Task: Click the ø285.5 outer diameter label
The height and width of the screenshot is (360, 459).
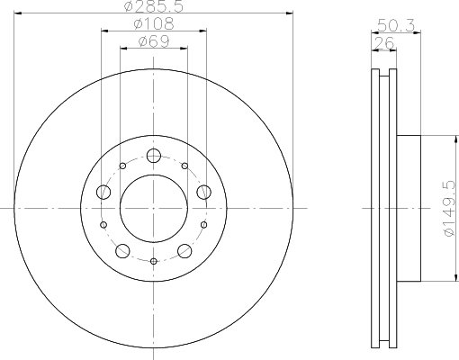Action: click(154, 6)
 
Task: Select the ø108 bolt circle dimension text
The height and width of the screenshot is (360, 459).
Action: click(154, 23)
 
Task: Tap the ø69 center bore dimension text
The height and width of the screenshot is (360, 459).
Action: click(154, 41)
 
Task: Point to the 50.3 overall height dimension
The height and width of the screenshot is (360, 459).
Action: click(396, 25)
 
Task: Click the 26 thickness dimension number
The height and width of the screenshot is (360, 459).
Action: click(383, 43)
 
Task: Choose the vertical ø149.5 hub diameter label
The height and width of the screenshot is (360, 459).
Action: click(451, 208)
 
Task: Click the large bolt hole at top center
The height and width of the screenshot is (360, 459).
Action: click(154, 156)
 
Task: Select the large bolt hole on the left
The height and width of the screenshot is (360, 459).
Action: click(103, 192)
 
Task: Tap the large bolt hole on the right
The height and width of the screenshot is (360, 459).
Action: click(204, 192)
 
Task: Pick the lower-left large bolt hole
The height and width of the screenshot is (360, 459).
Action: click(122, 251)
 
